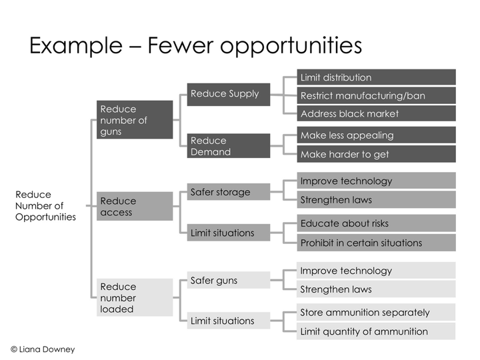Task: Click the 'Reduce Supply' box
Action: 229,94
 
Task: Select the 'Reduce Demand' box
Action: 229,146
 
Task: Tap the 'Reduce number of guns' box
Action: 135,120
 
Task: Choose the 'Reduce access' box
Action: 135,206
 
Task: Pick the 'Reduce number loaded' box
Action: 135,297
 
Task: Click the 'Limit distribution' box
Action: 376,77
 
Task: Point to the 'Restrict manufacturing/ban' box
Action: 376,95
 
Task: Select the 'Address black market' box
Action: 376,113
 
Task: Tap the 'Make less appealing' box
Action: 376,135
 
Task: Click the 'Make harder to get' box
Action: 376,154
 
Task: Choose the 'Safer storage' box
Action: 229,192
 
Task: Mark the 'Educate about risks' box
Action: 376,223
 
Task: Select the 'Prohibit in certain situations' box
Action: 376,243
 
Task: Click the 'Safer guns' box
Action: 229,280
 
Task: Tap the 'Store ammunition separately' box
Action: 376,312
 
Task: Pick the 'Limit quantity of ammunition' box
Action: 376,331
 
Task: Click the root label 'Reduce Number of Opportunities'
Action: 45,206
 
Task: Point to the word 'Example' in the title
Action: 76,46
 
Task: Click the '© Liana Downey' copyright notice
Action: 43,349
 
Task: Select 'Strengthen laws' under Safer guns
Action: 376,289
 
